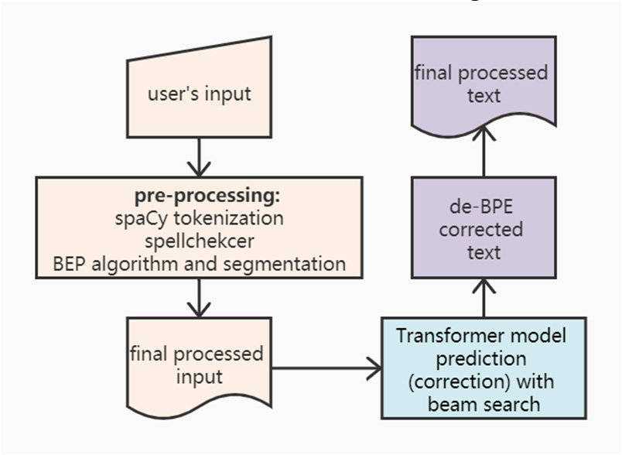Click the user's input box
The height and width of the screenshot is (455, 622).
click(x=199, y=94)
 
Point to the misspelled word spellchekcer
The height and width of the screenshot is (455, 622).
click(x=199, y=241)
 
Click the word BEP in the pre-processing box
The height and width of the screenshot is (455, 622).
click(x=73, y=263)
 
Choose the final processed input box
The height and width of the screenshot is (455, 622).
click(x=199, y=365)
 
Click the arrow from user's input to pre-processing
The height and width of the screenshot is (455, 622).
click(x=199, y=158)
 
